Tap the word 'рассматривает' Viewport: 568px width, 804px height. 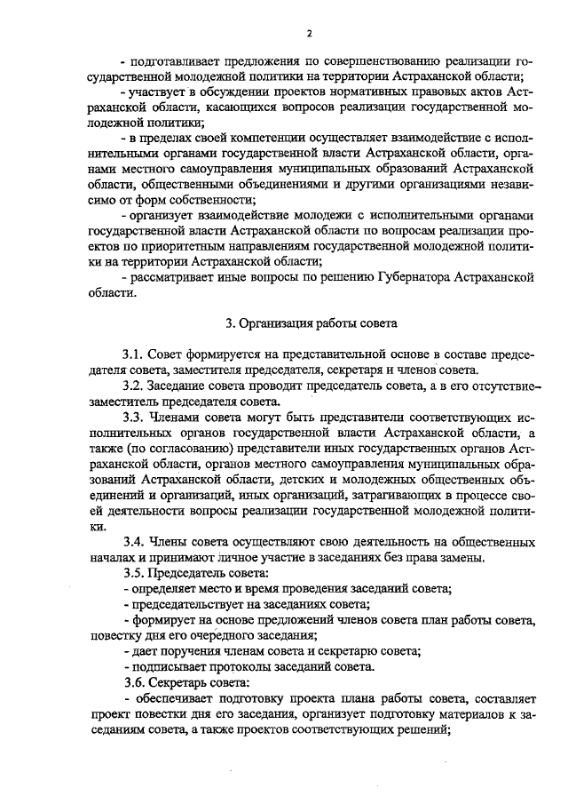(169, 277)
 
